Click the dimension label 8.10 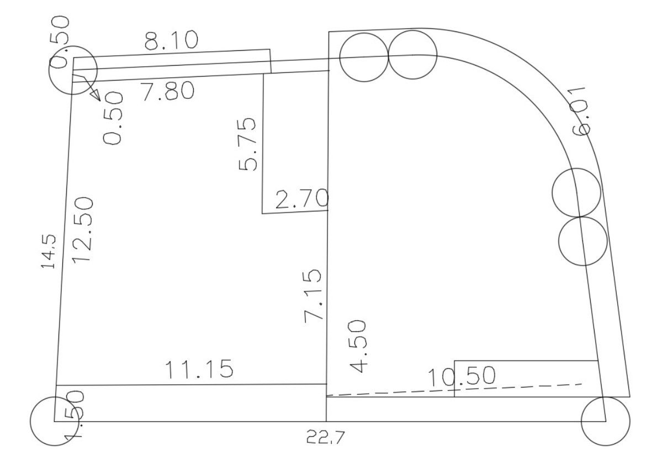(171, 41)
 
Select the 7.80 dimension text (168, 91)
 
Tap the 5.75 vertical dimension (248, 144)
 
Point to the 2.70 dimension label (303, 199)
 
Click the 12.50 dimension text (82, 230)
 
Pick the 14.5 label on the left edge (48, 252)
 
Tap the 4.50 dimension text (358, 346)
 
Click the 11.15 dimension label (199, 369)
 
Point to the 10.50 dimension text (462, 375)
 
